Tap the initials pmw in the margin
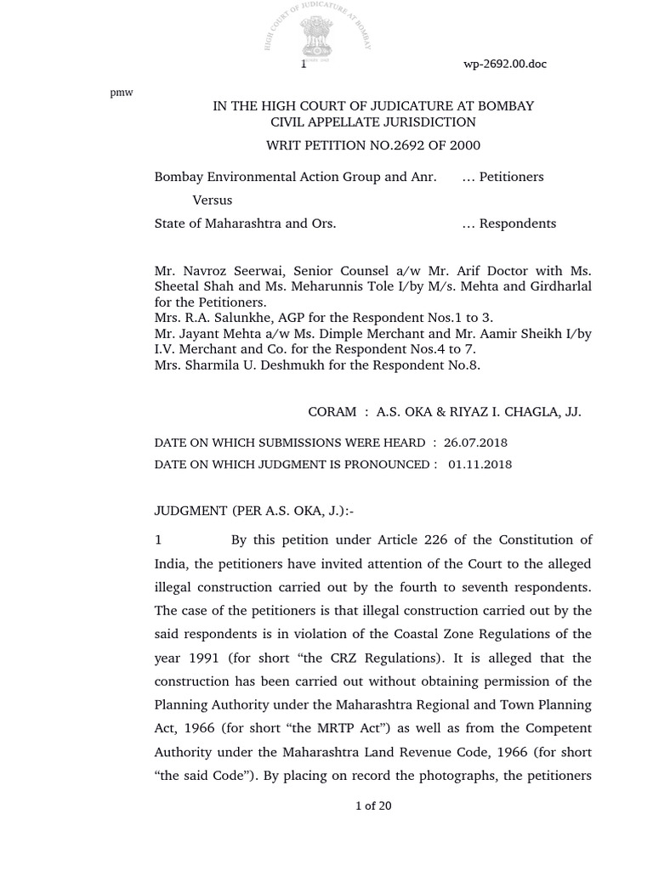122,93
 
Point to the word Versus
213,201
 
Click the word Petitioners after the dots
511,177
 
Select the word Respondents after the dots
517,223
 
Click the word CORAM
332,412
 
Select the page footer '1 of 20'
372,806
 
